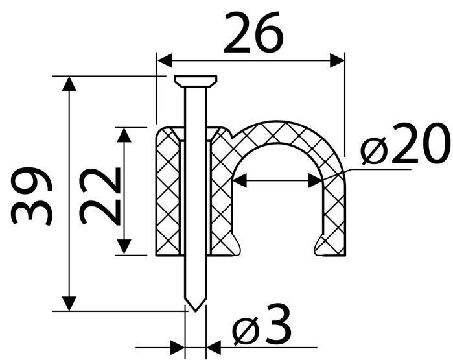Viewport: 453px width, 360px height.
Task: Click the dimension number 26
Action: point(253,32)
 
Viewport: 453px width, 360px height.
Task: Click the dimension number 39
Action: point(32,196)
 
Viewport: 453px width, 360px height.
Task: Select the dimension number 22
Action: point(100,196)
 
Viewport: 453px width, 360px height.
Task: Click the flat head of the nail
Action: point(196,81)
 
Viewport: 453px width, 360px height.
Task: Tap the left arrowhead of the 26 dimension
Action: point(165,60)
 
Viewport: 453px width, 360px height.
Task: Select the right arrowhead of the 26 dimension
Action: point(337,60)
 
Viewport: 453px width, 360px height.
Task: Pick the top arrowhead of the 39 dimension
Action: point(69,84)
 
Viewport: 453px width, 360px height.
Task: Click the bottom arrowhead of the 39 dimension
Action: point(69,304)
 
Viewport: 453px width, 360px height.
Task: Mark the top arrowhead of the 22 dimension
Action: point(124,135)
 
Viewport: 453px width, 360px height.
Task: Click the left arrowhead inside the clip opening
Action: point(240,181)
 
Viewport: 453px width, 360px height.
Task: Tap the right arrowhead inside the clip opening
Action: point(316,181)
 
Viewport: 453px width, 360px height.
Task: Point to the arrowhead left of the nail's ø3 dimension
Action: point(178,348)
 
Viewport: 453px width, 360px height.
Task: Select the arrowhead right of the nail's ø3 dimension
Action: point(214,348)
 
